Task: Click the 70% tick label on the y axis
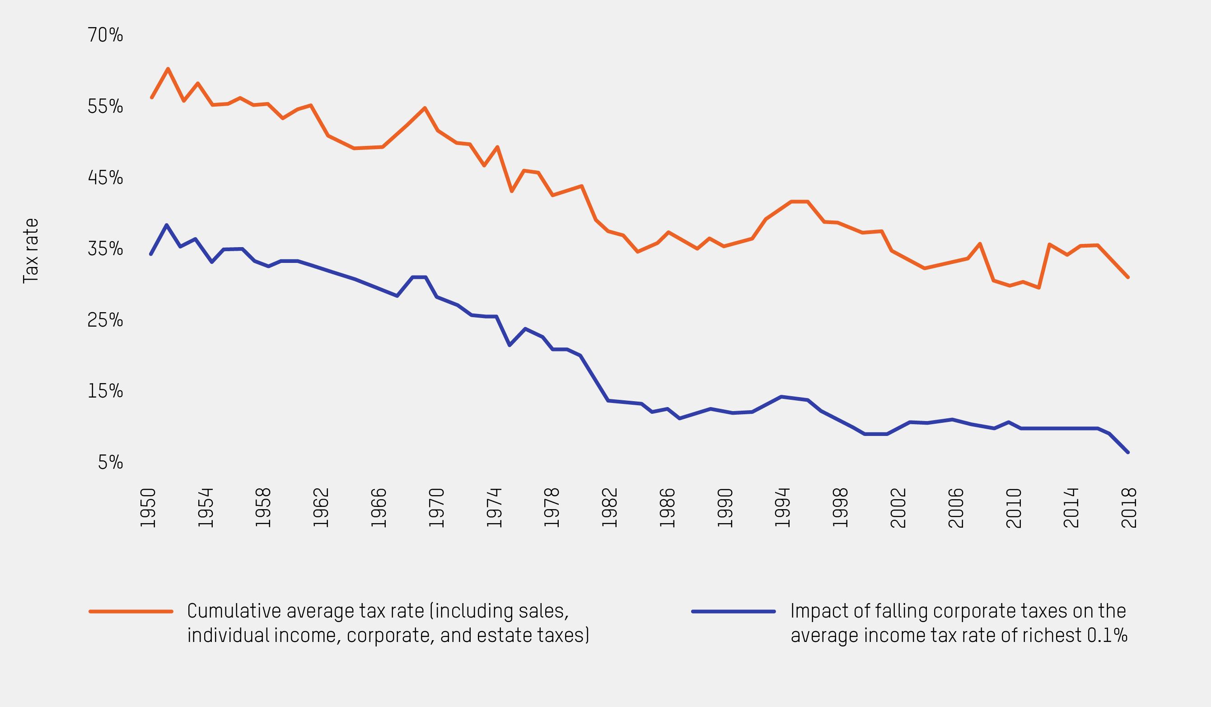pyautogui.click(x=105, y=35)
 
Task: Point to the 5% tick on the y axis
pyautogui.click(x=111, y=462)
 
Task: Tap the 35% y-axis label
pyautogui.click(x=105, y=249)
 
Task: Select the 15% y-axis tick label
pyautogui.click(x=105, y=391)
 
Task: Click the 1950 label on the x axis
pyautogui.click(x=148, y=508)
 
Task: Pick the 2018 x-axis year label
pyautogui.click(x=1128, y=508)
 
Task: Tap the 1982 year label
pyautogui.click(x=609, y=508)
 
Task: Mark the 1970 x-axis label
pyautogui.click(x=436, y=508)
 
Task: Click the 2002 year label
pyautogui.click(x=898, y=508)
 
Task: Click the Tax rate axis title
pyautogui.click(x=30, y=251)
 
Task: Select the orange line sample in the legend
pyautogui.click(x=131, y=612)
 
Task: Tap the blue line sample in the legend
pyautogui.click(x=733, y=612)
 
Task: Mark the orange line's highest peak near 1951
pyautogui.click(x=168, y=69)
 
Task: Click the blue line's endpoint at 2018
pyautogui.click(x=1128, y=452)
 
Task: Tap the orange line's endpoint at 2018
pyautogui.click(x=1128, y=277)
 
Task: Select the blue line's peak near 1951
pyautogui.click(x=167, y=225)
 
